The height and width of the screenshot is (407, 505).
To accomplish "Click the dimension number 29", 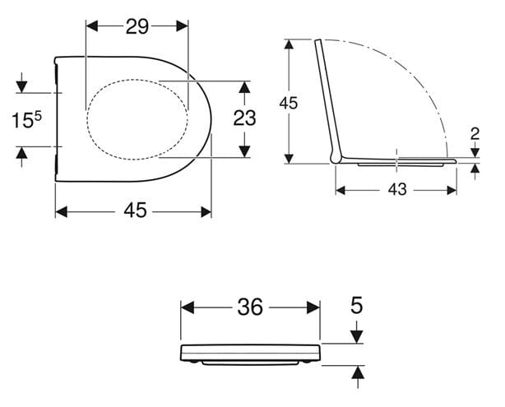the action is pos(137,26).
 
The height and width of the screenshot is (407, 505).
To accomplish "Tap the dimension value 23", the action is pos(244,118).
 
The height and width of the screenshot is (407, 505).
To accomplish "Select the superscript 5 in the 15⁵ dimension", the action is pos(38,116).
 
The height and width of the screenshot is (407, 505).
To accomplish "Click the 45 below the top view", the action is pos(135,210).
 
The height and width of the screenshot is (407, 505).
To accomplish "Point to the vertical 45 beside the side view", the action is pos(289,104).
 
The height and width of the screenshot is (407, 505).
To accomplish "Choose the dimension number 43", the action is pos(397,189).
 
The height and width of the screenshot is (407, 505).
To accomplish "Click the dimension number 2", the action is pos(475,134).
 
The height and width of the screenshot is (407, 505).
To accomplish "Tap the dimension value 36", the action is pos(250,307).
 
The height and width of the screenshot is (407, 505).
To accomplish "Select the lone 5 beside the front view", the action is pos(356,305).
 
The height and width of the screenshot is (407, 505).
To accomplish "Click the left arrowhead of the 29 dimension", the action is pos(92,26).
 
